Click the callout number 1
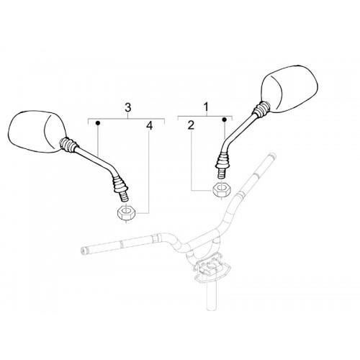point(206,107)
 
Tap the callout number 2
point(191,125)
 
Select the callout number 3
point(128,108)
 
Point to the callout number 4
point(150,125)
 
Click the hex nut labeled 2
point(221,191)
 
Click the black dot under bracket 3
point(98,123)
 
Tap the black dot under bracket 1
point(224,120)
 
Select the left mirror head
point(36,132)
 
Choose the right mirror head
point(290,89)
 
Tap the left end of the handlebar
point(83,251)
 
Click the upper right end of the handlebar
point(272,156)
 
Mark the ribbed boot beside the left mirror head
point(69,145)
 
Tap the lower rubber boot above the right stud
point(222,160)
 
